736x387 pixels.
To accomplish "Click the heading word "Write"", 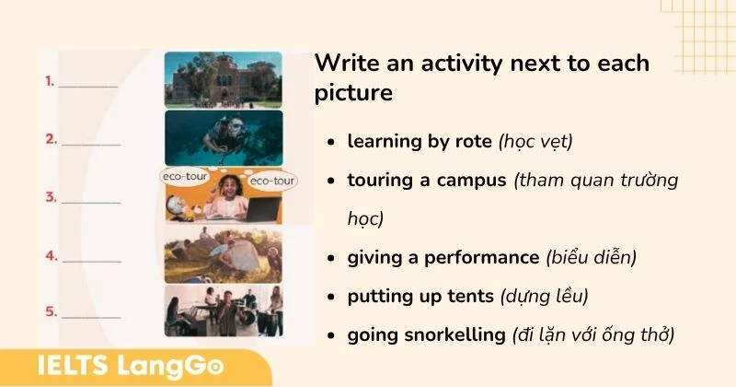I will click(344, 64).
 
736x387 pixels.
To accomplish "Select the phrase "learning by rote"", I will click(420, 142).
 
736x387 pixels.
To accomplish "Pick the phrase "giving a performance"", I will click(443, 258).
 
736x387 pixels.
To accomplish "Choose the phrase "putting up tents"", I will click(420, 297).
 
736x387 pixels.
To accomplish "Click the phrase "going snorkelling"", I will click(425, 335).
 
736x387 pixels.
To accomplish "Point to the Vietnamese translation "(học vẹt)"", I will click(535, 142).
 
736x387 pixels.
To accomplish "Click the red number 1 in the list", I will click(50, 81).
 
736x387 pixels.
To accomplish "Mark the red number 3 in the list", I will click(51, 196).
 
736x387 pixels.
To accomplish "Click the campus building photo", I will click(223, 79).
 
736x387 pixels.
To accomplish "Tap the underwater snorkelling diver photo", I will click(223, 138).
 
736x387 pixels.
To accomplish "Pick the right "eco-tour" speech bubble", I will click(273, 182).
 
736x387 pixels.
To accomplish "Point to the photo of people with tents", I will click(223, 255).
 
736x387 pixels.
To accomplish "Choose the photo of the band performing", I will click(223, 311).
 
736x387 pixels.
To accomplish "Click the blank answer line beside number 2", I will click(91, 144).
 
